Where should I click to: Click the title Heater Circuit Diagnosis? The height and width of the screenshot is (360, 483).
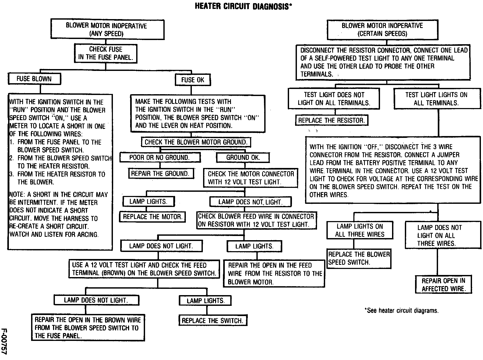click(243, 6)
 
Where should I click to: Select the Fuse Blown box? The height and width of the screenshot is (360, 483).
click(34, 79)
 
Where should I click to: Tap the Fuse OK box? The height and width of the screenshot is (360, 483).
click(193, 80)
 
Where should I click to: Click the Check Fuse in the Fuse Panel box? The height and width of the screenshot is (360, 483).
click(106, 53)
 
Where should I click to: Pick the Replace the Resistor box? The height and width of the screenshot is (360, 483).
click(331, 120)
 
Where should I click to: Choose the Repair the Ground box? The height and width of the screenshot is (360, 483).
click(160, 173)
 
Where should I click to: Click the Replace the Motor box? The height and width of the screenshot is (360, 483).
click(152, 217)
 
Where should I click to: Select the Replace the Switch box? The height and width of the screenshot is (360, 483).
click(212, 320)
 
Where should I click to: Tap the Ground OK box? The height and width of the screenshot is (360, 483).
click(243, 157)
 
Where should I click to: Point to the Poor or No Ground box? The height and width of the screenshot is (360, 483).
click(160, 157)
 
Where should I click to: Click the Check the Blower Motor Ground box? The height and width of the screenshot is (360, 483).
click(196, 142)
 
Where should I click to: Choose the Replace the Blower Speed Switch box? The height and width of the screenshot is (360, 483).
click(359, 258)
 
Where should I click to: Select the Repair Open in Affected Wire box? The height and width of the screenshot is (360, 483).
click(443, 285)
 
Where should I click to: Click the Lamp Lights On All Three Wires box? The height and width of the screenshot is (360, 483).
click(360, 230)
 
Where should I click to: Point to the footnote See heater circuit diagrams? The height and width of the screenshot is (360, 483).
click(401, 311)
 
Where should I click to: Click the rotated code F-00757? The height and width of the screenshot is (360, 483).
click(4, 341)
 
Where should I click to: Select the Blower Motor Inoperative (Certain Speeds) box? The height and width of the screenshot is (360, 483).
click(382, 30)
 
